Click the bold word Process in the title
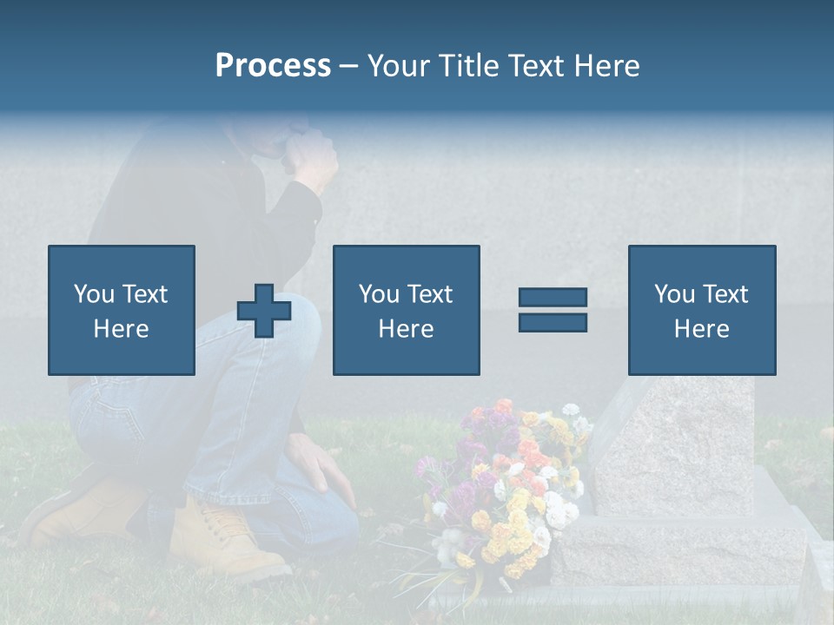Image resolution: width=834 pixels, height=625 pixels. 273,66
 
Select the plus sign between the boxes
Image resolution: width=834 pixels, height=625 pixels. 264,311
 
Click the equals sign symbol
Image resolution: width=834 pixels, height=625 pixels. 553,310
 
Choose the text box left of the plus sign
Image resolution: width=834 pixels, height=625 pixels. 122,310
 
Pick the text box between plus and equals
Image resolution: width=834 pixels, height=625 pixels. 406,310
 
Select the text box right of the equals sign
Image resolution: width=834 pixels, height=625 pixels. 701,310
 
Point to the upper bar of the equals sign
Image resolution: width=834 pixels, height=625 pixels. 553,298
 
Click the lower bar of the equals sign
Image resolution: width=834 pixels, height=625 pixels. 553,322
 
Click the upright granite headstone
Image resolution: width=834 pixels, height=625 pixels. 678,443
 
